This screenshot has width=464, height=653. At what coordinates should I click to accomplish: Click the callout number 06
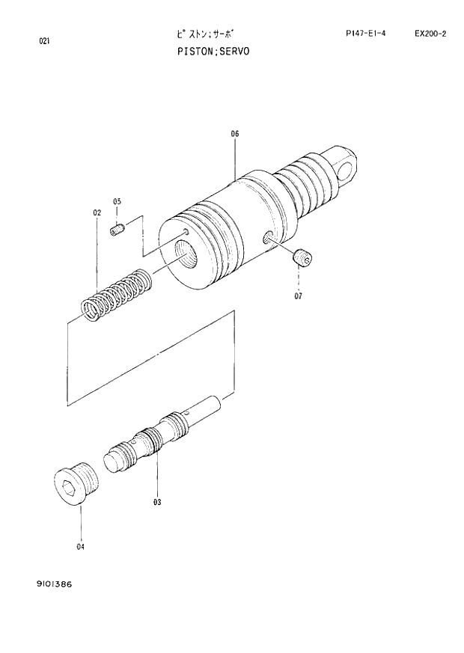[234, 134]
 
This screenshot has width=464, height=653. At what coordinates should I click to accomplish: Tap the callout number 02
[97, 213]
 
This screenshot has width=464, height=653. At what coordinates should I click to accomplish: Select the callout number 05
[117, 201]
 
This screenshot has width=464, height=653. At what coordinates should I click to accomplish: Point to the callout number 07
[298, 295]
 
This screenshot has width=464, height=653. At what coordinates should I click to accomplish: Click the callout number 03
[158, 502]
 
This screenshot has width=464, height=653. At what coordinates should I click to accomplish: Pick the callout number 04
[80, 547]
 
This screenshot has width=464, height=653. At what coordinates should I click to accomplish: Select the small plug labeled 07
[302, 258]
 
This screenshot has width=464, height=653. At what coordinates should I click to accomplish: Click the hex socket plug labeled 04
[74, 482]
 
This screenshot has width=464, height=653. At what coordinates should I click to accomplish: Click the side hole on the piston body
[267, 239]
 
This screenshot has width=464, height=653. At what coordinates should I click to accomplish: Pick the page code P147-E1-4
[366, 34]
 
